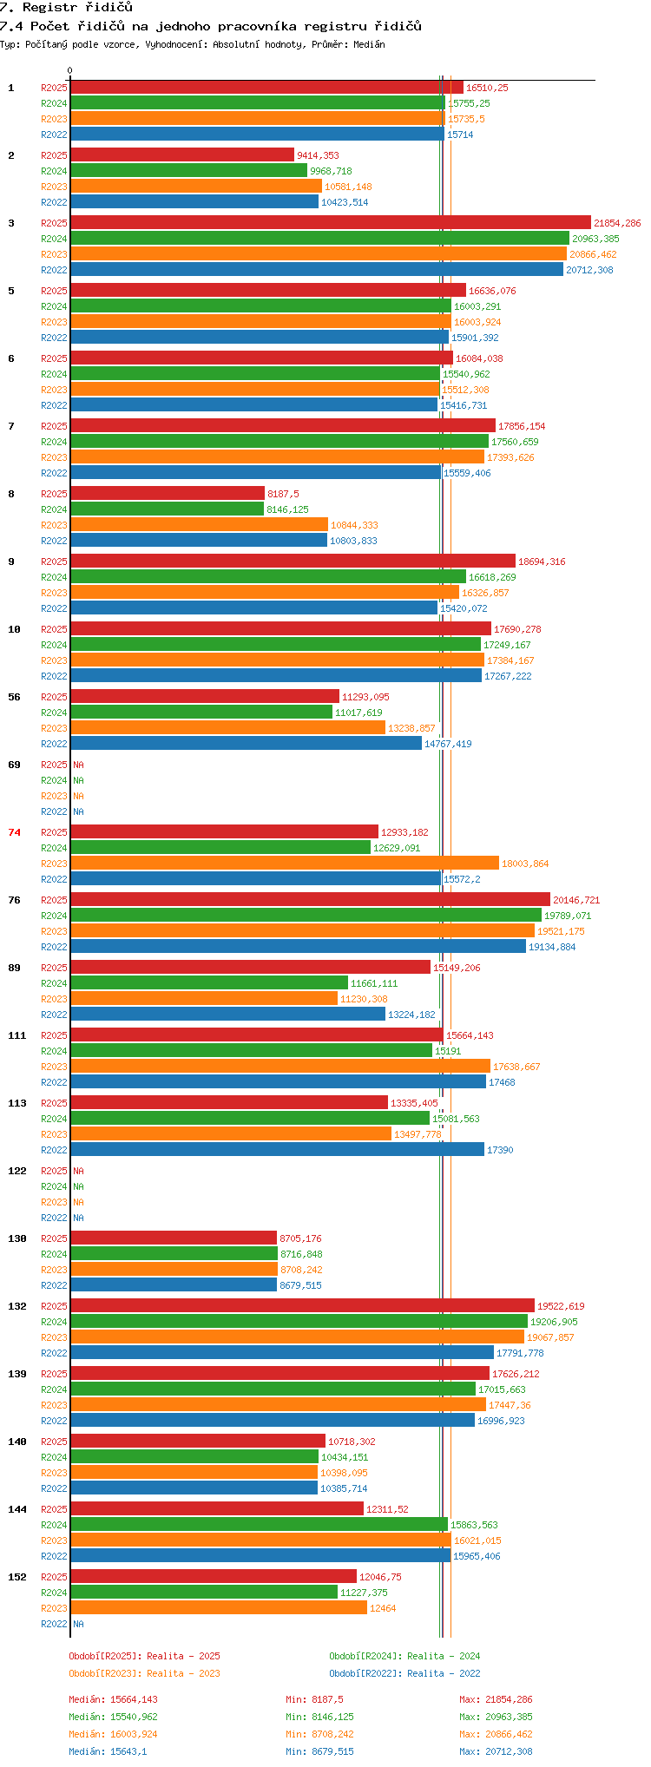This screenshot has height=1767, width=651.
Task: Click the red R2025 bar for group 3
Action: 331,223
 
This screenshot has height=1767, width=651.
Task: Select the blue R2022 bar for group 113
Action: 278,1150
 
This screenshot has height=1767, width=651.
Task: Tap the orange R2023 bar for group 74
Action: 286,864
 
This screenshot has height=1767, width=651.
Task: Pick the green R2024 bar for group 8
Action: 168,509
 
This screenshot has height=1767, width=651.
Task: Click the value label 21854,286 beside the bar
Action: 617,223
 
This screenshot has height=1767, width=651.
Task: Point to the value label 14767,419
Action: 448,744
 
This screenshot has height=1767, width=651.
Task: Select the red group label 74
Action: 14,832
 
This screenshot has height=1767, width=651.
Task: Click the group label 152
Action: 17,1577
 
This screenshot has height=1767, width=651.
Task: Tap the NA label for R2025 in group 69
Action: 79,765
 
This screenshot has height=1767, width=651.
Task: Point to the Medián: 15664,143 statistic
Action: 114,1699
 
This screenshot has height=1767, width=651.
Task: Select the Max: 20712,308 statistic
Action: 496,1751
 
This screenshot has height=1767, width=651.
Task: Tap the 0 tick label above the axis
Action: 70,71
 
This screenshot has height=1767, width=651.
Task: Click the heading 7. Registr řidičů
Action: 66,8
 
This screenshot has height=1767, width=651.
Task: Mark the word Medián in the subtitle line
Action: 369,44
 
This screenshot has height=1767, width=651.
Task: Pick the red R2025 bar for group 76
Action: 311,900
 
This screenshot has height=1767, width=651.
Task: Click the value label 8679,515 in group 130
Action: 300,1285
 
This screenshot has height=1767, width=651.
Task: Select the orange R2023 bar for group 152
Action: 219,1608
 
